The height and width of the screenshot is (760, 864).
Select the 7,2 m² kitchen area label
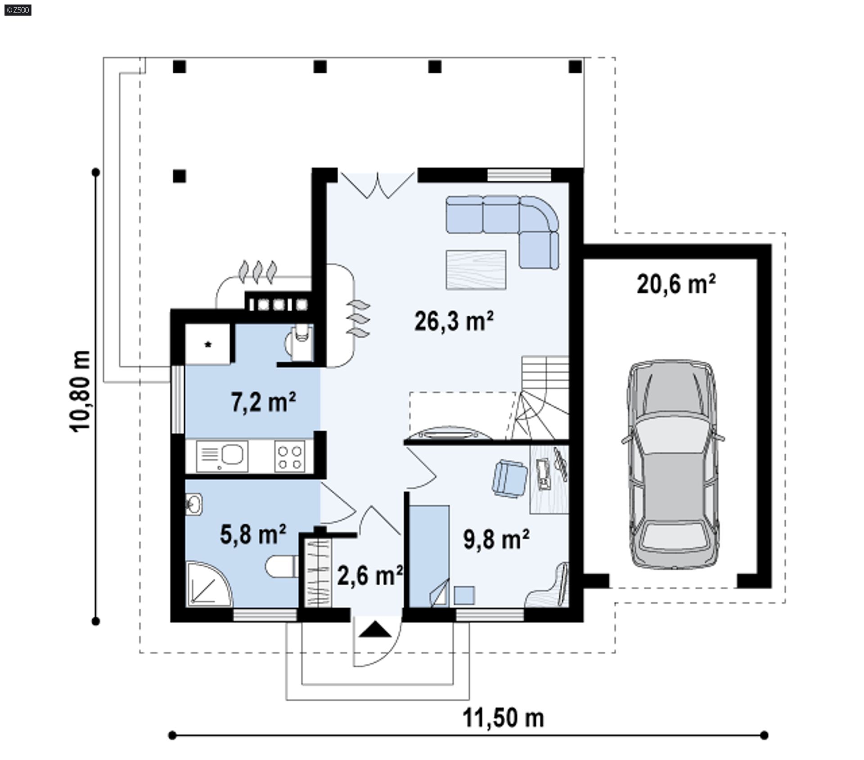pos(264,401)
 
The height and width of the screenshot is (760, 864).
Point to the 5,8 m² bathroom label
pos(253,534)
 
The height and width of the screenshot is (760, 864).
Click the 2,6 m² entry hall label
pos(370,576)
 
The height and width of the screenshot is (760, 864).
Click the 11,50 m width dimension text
pos(503,717)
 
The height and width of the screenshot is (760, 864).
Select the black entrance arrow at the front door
pos(375,630)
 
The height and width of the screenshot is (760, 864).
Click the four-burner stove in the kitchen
pos(290,457)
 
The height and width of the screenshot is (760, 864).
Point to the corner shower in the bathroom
pos(208,584)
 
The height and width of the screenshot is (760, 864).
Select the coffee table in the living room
pos(476,270)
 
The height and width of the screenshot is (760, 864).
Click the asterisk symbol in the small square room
pos(208,345)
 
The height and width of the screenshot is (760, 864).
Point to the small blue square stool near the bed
pos(464,595)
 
